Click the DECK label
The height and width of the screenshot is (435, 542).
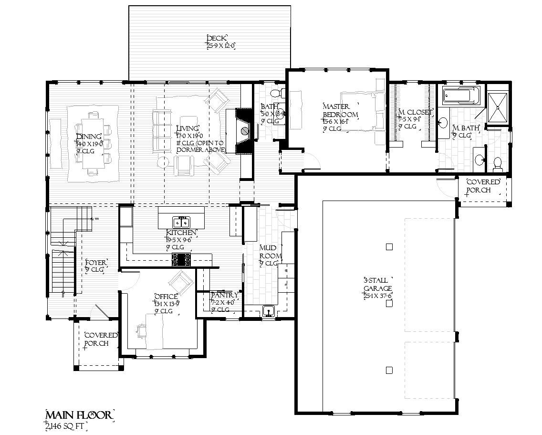[x=216, y=39]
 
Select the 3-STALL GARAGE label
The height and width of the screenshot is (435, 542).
[x=377, y=284]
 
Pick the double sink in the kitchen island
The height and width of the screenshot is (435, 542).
[x=181, y=222]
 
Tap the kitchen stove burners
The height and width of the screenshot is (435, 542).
[x=182, y=259]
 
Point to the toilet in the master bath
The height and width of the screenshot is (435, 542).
[x=498, y=164]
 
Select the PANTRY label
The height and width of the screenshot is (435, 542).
[x=224, y=296]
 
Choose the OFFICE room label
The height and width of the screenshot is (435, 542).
[x=166, y=297]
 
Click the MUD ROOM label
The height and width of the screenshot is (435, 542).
[x=270, y=252]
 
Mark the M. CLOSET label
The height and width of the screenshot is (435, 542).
[x=415, y=113]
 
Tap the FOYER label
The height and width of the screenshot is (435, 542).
[x=95, y=263]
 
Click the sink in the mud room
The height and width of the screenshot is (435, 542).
[x=269, y=311]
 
